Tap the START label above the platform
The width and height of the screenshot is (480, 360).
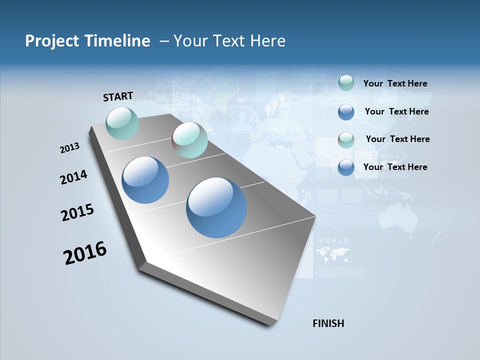(118, 96)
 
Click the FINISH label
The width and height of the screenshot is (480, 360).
(328, 323)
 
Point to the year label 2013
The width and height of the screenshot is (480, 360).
(69, 148)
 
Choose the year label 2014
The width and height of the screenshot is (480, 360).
(73, 177)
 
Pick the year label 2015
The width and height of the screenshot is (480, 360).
(77, 212)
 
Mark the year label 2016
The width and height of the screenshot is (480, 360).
(85, 253)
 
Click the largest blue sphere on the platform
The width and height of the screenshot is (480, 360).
(216, 207)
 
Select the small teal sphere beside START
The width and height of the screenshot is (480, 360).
(122, 123)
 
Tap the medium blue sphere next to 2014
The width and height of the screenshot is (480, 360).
(145, 180)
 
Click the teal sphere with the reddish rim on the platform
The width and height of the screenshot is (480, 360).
(189, 140)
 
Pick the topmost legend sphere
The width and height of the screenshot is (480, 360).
(346, 83)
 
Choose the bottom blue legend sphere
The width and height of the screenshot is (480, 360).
(346, 167)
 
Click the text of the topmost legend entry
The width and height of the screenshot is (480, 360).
(395, 84)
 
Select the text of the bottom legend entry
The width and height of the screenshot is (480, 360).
(395, 167)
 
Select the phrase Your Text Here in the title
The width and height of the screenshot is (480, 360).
(229, 41)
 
